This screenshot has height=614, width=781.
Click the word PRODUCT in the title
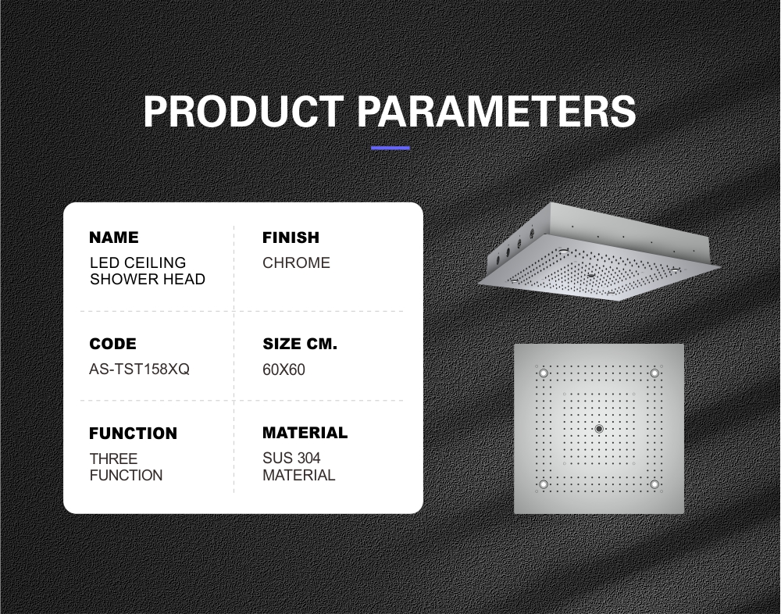244,111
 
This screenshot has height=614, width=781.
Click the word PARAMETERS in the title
497,111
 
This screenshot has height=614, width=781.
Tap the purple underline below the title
390,148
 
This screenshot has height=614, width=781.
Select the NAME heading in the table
114,237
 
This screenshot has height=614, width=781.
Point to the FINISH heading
291,237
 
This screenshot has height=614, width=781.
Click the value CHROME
296,262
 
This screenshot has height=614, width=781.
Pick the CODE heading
112,344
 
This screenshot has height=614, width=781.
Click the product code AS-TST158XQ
140,369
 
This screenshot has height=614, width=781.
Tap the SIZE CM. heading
300,344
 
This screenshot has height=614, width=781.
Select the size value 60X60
284,369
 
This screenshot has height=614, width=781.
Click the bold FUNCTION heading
133,434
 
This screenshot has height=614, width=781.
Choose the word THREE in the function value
113,459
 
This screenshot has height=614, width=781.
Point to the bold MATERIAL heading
305,433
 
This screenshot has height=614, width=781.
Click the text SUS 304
292,458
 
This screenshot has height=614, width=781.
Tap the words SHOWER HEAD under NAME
148,279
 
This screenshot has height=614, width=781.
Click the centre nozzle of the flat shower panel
599,429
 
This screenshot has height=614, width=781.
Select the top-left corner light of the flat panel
544,373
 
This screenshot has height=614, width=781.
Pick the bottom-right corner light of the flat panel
654,484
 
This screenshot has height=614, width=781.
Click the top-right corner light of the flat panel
654,373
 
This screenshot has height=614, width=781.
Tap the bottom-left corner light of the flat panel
544,484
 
